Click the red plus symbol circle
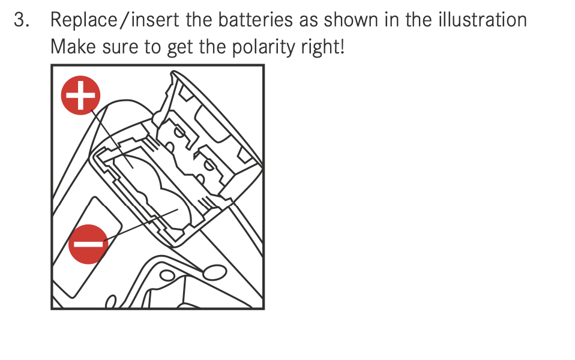coord(80,95)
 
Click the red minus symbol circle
coord(88,244)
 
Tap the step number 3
coord(21,20)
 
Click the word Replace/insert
coord(115,20)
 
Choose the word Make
coord(73,47)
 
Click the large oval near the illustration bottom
coord(214,272)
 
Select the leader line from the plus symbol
coord(112,139)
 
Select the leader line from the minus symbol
coord(141,225)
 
